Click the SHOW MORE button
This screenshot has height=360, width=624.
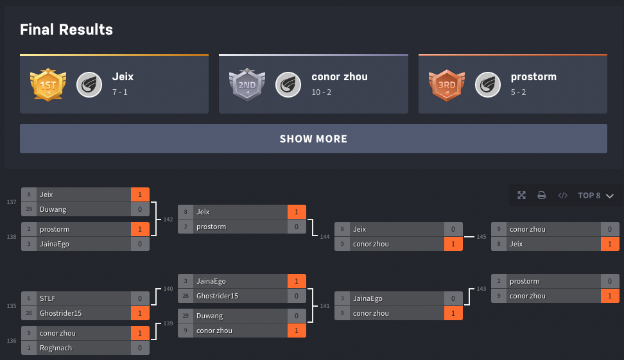(x=313, y=139)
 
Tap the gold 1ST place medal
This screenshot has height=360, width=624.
(x=48, y=85)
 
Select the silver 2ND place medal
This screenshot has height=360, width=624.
(x=247, y=85)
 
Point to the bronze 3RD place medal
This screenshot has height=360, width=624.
(x=447, y=85)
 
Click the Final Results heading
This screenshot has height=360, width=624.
(x=67, y=30)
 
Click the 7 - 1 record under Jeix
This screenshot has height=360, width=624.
(x=120, y=92)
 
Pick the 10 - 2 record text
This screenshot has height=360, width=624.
(x=321, y=92)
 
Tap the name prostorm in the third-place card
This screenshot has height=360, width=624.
(x=533, y=77)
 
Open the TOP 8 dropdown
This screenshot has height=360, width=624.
(x=595, y=195)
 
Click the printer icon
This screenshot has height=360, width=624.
(x=542, y=195)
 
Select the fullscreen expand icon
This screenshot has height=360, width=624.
(x=521, y=195)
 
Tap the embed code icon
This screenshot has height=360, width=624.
(x=562, y=195)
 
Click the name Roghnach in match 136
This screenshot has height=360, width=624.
(x=56, y=348)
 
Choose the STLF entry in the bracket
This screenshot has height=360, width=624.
(x=48, y=299)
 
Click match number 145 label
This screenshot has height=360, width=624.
(x=481, y=237)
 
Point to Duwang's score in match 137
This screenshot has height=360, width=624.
(x=140, y=209)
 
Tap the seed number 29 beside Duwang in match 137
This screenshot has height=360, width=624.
(x=29, y=209)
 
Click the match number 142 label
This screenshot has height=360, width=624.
(x=168, y=219)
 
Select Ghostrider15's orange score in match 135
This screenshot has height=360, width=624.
(x=140, y=313)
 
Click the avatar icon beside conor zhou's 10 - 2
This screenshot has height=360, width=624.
(x=288, y=85)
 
